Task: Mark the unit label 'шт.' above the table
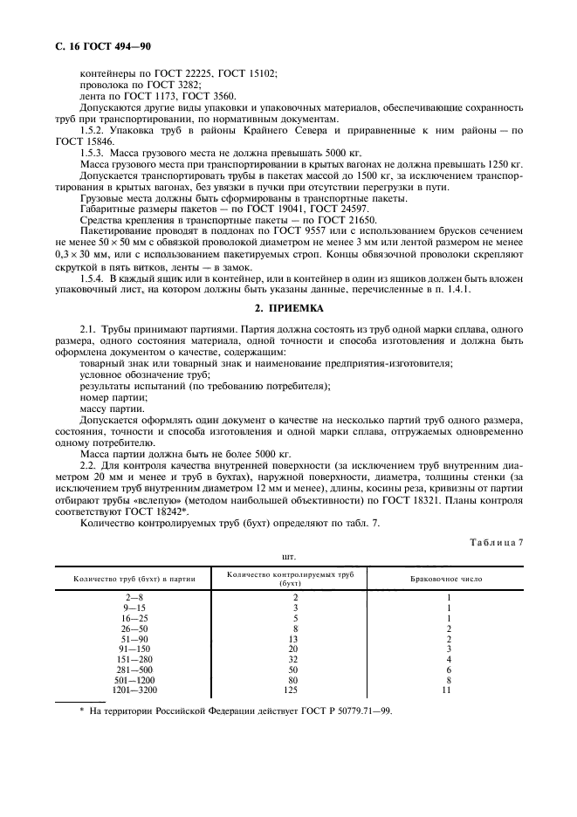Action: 289,554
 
